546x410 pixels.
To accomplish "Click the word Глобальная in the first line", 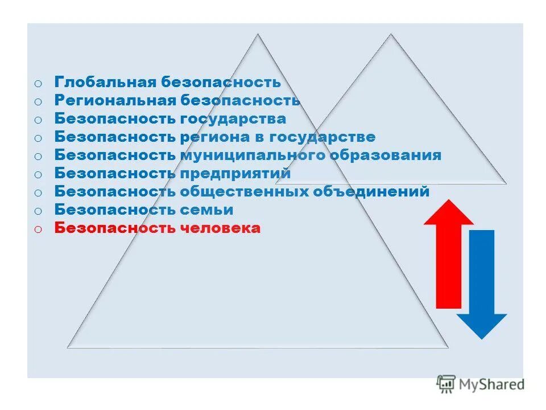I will click(x=105, y=82).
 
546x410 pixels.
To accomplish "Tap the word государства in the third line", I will click(x=233, y=119).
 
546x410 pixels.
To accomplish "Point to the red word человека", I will click(x=221, y=228).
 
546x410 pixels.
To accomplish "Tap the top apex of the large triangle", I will click(x=258, y=35).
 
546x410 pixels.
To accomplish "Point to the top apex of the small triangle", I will click(x=391, y=35).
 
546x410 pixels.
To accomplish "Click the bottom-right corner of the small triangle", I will click(x=505, y=183).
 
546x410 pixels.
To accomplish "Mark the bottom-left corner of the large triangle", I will click(x=68, y=347).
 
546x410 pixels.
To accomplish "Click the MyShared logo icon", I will click(x=446, y=384).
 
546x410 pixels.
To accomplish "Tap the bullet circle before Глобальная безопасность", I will click(x=37, y=83).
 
